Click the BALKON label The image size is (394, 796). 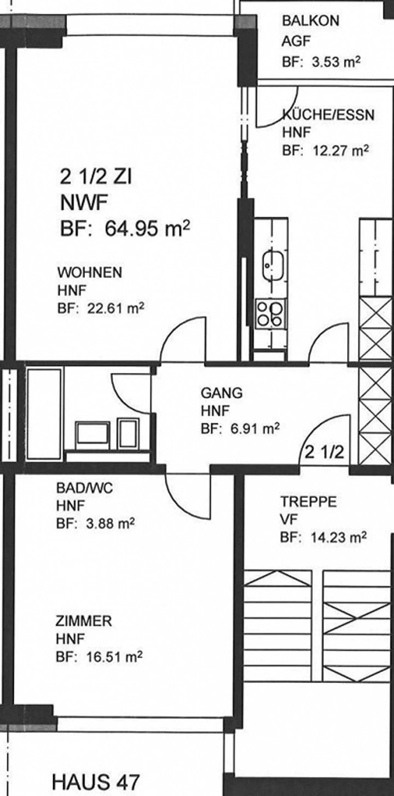pyautogui.click(x=310, y=21)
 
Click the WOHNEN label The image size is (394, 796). pyautogui.click(x=90, y=273)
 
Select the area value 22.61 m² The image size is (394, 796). pyautogui.click(x=115, y=308)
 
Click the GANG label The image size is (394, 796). pyautogui.click(x=222, y=393)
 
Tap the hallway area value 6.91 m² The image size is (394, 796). pyautogui.click(x=255, y=429)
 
